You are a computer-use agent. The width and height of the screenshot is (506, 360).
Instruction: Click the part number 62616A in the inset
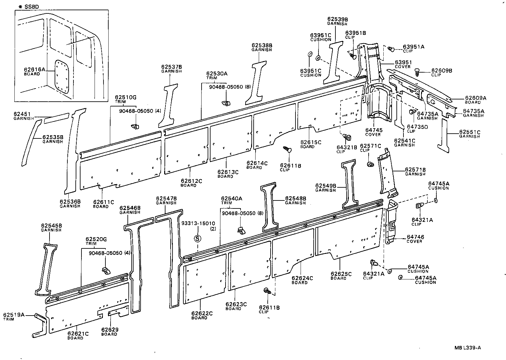click(34, 69)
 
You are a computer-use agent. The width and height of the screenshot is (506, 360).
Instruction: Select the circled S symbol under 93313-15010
click(197, 238)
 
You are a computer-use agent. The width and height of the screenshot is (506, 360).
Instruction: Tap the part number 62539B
click(337, 19)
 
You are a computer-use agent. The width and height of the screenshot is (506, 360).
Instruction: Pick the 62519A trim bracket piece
click(40, 325)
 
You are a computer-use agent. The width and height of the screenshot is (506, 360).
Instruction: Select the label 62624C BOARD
click(302, 280)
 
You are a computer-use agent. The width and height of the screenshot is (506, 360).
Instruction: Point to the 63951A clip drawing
click(391, 49)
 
